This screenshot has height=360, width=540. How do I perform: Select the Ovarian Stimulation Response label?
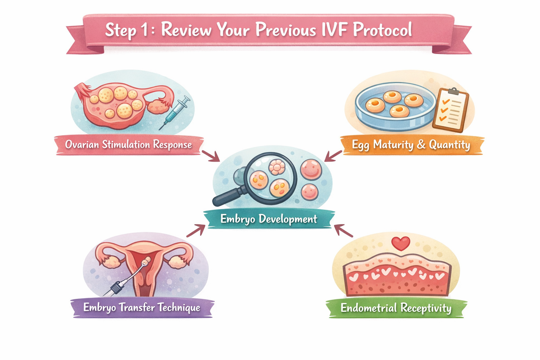point(129,144)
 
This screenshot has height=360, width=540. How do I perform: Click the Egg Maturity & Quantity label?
point(411,145)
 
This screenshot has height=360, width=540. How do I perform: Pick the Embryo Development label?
point(269,219)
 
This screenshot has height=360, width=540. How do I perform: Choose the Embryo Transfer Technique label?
point(142,308)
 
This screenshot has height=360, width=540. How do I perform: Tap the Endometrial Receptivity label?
point(396,308)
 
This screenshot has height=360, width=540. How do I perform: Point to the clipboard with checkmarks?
point(451,110)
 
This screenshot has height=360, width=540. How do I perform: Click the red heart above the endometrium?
point(401,243)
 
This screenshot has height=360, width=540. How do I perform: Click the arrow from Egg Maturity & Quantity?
point(333,156)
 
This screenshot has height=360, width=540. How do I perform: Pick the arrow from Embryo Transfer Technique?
point(196,231)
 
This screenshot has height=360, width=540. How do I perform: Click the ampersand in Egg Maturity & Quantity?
point(421,145)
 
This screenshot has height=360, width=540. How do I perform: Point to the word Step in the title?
point(121,30)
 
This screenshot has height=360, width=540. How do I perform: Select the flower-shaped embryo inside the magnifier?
point(277,167)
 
